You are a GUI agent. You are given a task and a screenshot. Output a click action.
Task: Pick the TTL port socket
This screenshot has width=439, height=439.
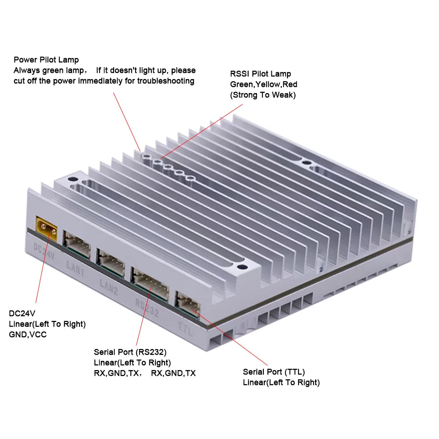tap(187, 303)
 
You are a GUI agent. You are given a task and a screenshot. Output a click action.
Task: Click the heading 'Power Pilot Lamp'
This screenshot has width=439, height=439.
tap(46, 60)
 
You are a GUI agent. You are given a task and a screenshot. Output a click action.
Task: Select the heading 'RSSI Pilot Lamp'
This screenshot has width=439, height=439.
tap(260, 74)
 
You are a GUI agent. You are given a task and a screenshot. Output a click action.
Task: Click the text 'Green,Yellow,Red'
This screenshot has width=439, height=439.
tap(263, 84)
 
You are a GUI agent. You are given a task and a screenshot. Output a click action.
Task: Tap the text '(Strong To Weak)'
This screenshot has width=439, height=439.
tap(263, 95)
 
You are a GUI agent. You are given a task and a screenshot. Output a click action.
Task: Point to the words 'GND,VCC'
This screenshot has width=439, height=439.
tap(28, 335)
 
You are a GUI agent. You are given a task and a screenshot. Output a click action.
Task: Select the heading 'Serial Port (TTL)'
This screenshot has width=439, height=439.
tap(274, 372)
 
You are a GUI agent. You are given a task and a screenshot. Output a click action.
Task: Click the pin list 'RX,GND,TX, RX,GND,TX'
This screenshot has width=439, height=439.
tap(144, 373)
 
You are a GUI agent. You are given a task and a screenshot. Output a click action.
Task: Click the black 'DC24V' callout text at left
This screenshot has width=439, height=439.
tap(22, 313)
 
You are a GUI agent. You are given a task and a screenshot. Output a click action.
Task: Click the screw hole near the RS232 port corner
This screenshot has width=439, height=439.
tap(240, 266)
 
